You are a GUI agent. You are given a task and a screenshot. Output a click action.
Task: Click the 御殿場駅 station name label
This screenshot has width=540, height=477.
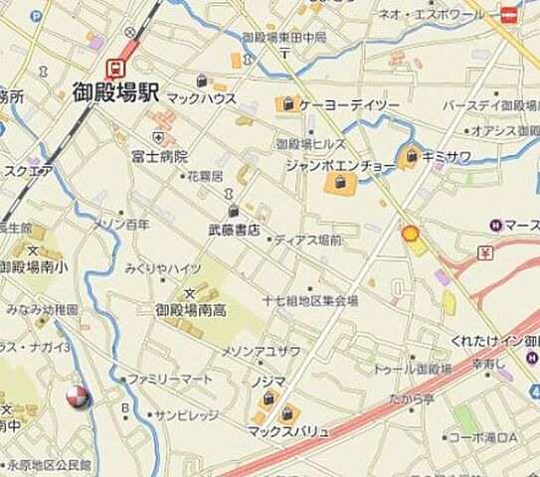click(117, 94)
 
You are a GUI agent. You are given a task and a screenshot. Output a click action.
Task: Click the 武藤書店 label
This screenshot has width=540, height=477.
click(234, 230)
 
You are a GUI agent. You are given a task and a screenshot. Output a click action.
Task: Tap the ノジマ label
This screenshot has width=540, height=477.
click(279, 381)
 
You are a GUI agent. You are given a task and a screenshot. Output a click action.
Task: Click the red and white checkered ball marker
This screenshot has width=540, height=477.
click(79, 397)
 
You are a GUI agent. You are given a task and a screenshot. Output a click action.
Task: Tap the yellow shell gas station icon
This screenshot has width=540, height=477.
click(409, 234)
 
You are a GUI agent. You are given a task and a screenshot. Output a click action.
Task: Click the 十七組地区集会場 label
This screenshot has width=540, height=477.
click(309, 300)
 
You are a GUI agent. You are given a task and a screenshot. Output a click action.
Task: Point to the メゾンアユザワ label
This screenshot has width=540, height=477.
click(260, 351)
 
